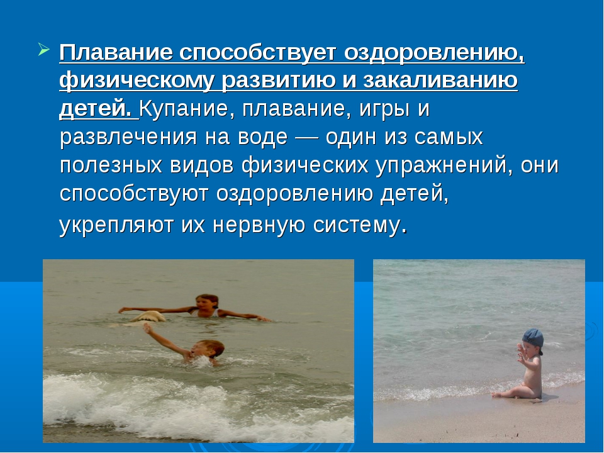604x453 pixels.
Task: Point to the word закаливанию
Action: [x=440, y=81]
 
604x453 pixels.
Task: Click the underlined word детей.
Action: [x=96, y=109]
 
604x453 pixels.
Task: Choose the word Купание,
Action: [x=187, y=109]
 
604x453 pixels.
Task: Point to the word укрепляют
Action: [x=116, y=225]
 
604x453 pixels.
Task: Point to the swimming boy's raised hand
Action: [x=147, y=328]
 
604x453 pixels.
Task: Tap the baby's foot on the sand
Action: [x=496, y=394]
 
